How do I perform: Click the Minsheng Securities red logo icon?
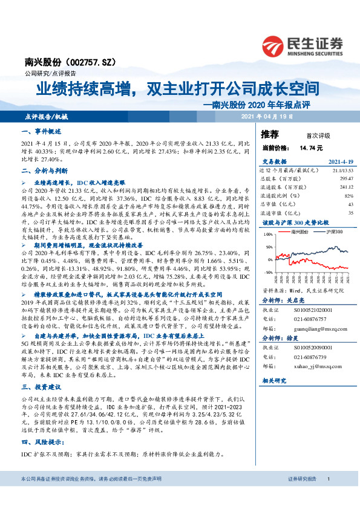pyautogui.click(x=275, y=45)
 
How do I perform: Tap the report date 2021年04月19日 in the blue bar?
pyautogui.click(x=265, y=115)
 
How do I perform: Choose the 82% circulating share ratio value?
pyautogui.click(x=349, y=196)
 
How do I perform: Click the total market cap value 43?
pyautogui.click(x=350, y=204)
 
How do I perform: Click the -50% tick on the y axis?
pyautogui.click(x=269, y=273)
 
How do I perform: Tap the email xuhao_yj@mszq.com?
pyautogui.click(x=315, y=366)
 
